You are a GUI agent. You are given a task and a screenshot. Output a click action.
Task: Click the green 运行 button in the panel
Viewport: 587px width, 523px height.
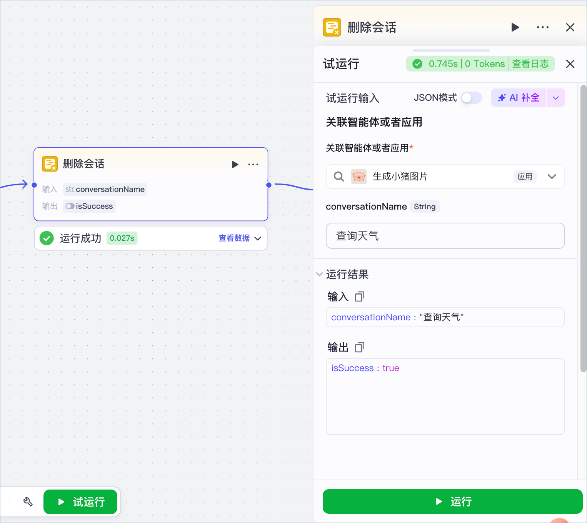[452, 501]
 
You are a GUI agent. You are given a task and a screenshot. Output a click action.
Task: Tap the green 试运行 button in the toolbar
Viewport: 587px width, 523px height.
[80, 502]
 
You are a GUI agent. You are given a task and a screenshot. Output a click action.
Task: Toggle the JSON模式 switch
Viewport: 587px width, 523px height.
[471, 98]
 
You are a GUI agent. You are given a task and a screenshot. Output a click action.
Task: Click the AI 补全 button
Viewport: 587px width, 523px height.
[518, 98]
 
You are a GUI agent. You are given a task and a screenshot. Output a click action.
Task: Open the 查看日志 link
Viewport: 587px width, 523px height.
[530, 64]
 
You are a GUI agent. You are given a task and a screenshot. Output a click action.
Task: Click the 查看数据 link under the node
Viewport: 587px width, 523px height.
[234, 238]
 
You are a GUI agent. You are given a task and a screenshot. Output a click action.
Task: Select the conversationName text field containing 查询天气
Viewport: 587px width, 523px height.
[445, 236]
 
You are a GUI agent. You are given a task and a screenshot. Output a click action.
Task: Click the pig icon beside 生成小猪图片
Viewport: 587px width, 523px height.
[359, 177]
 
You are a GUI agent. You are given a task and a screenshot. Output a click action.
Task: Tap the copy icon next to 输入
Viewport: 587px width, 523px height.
[360, 297]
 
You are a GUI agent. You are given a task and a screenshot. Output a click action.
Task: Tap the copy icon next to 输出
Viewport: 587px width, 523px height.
[360, 347]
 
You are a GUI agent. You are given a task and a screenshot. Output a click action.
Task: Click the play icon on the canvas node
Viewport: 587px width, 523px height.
[235, 165]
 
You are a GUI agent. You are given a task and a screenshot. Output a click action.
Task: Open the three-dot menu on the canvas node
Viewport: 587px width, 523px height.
[253, 165]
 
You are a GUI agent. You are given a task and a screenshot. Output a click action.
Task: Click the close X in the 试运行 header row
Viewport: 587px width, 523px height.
[570, 64]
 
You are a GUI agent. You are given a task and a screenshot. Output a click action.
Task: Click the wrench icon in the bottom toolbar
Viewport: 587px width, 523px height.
[28, 502]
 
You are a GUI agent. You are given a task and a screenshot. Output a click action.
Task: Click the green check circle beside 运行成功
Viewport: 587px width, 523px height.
[47, 238]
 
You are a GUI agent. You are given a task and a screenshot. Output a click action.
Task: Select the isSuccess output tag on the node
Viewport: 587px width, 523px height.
[89, 206]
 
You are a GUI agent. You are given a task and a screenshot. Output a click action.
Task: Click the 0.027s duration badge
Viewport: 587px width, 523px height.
[122, 238]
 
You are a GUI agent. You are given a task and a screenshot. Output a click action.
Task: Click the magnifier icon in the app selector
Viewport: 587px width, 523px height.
[339, 177]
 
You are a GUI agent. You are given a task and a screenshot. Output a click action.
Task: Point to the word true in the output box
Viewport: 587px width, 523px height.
[390, 368]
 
